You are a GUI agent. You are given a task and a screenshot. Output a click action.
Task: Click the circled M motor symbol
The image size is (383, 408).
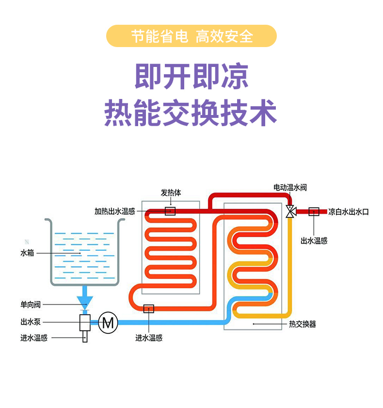click(x=108, y=322)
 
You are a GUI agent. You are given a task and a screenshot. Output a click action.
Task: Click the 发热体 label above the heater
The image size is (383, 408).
click(x=171, y=193)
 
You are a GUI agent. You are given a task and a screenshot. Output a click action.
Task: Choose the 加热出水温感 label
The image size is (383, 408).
click(x=114, y=212)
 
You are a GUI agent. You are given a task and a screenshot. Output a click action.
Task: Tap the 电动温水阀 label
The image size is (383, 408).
click(x=290, y=187)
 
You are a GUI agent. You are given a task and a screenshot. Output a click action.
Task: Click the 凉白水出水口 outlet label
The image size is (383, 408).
click(x=349, y=212)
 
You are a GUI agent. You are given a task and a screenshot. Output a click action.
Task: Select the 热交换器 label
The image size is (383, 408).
click(x=303, y=324)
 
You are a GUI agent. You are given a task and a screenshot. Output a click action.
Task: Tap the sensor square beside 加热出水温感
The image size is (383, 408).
click(x=170, y=211)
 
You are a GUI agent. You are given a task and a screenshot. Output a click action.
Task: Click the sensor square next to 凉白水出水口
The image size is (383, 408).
click(x=314, y=212)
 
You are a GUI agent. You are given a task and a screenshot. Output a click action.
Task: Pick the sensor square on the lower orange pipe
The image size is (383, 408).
click(x=149, y=308)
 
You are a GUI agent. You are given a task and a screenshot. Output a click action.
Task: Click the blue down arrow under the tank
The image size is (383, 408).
click(x=86, y=294)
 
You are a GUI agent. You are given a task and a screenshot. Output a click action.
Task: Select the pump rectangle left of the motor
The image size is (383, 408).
click(x=85, y=322)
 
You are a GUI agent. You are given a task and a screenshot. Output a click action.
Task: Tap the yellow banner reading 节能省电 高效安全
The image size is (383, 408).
click(x=191, y=36)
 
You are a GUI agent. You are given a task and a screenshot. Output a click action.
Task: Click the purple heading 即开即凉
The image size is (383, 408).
click(x=191, y=76)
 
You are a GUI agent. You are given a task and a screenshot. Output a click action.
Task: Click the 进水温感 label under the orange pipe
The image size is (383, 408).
click(x=149, y=338)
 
